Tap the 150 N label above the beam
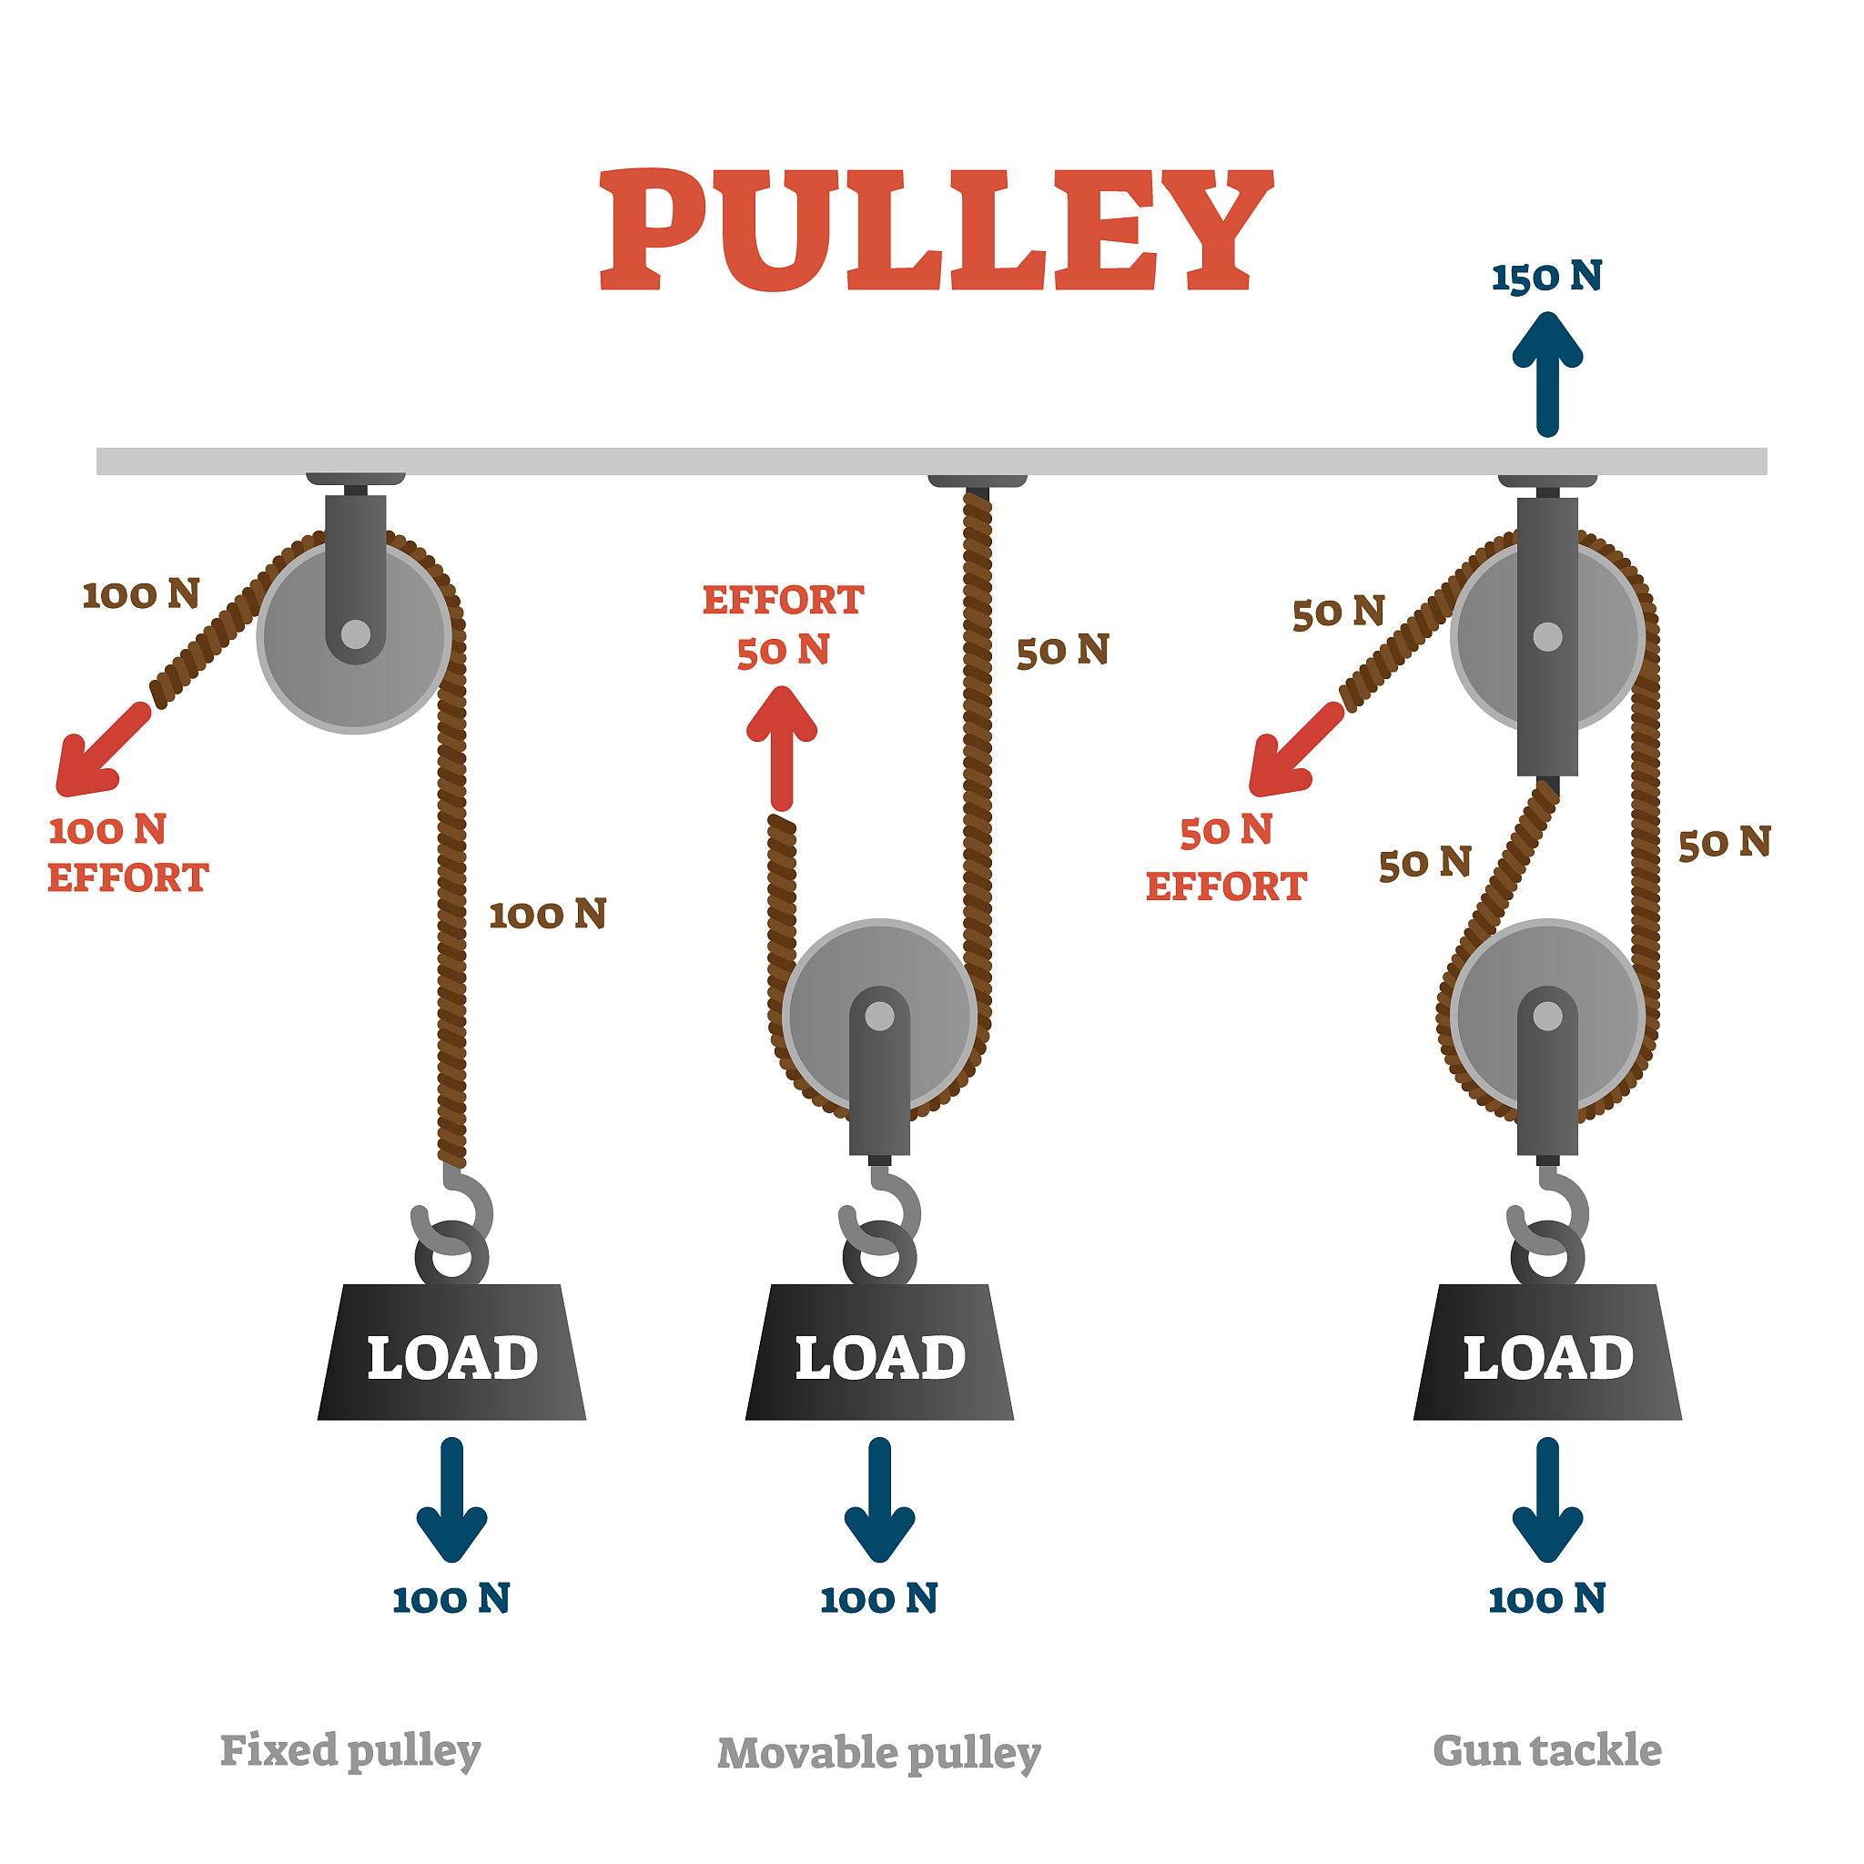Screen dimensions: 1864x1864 [1546, 277]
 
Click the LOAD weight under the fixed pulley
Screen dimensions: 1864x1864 [451, 1355]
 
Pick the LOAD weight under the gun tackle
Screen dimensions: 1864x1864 [1546, 1355]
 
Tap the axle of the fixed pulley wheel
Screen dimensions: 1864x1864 [355, 635]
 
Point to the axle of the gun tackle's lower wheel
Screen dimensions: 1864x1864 [1547, 1016]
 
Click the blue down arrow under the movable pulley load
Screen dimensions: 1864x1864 [879, 1500]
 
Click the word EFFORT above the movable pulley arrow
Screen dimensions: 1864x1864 [783, 600]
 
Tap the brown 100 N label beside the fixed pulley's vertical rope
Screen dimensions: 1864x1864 [547, 915]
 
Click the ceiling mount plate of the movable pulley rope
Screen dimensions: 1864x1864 [977, 480]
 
